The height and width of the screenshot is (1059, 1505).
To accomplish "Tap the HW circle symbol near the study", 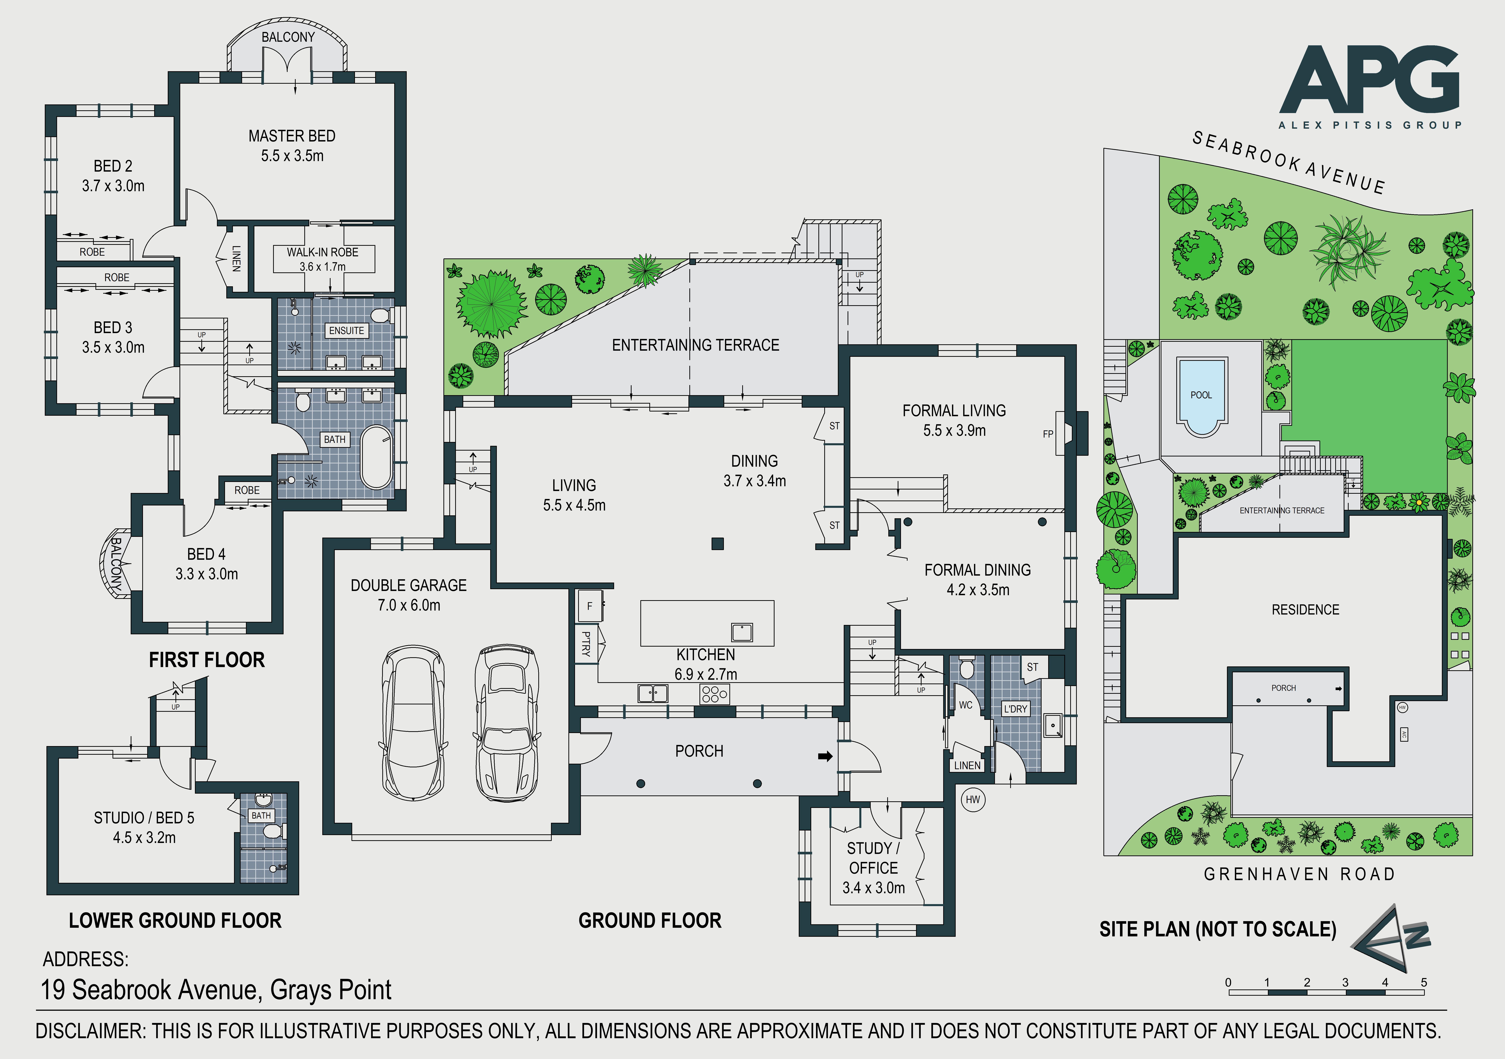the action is pyautogui.click(x=973, y=799).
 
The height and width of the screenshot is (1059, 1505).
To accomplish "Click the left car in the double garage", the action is pyautogui.click(x=414, y=723).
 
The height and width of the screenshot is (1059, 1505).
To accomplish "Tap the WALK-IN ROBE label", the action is pyautogui.click(x=322, y=252).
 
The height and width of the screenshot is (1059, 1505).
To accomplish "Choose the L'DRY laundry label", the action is pyautogui.click(x=1015, y=708).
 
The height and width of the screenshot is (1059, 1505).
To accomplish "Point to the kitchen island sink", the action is pyautogui.click(x=742, y=632).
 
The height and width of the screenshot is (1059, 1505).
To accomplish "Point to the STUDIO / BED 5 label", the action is pyautogui.click(x=144, y=818).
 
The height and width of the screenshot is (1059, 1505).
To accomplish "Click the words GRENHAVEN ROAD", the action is pyautogui.click(x=1299, y=874).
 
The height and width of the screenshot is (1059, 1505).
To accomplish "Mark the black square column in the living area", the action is pyautogui.click(x=718, y=543).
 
